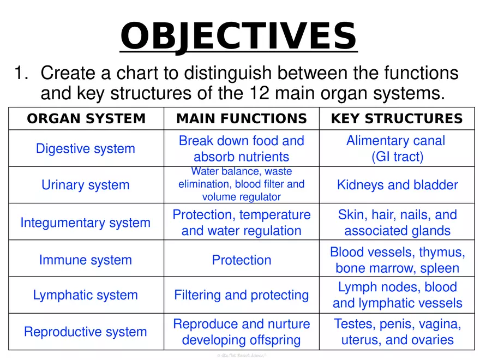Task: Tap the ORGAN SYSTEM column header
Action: coord(87,119)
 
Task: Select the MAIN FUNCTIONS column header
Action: coord(241,119)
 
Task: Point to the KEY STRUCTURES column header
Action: coord(397,119)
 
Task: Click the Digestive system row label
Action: coord(85,148)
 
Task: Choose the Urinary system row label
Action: coord(86,185)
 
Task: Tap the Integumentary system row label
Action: coord(85,223)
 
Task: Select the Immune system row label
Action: coord(85,260)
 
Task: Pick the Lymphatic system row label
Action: coord(85,295)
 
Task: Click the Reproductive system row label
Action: coord(85,332)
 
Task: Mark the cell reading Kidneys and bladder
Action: coord(397,185)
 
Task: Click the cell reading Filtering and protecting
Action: coord(241,295)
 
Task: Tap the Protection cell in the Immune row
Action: coord(241,260)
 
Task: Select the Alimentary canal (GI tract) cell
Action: coord(395,148)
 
